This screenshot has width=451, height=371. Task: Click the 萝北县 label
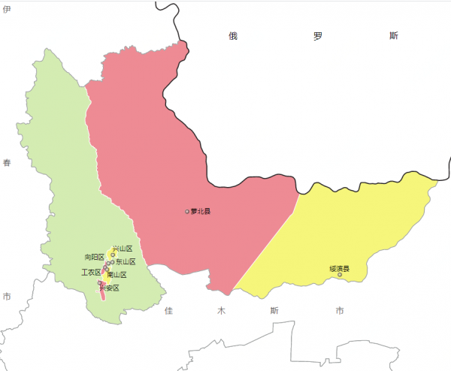[201, 212]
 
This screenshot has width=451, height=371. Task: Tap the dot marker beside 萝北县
[187, 212]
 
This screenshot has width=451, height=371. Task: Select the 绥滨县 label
[339, 268]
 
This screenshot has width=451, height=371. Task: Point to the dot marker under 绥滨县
[340, 275]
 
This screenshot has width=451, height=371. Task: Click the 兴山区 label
[123, 249]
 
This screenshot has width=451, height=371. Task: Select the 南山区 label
[117, 275]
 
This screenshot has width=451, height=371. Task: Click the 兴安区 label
[110, 288]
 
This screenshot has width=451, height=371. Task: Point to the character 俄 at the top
[234, 36]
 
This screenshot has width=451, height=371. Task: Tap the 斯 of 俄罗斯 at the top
[394, 36]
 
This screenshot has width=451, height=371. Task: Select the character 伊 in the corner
[6, 10]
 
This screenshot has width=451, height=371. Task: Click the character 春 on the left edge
[7, 163]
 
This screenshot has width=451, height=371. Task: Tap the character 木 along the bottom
[221, 310]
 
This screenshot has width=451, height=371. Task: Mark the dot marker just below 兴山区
[113, 255]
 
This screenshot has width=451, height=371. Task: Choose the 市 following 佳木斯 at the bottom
[341, 310]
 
